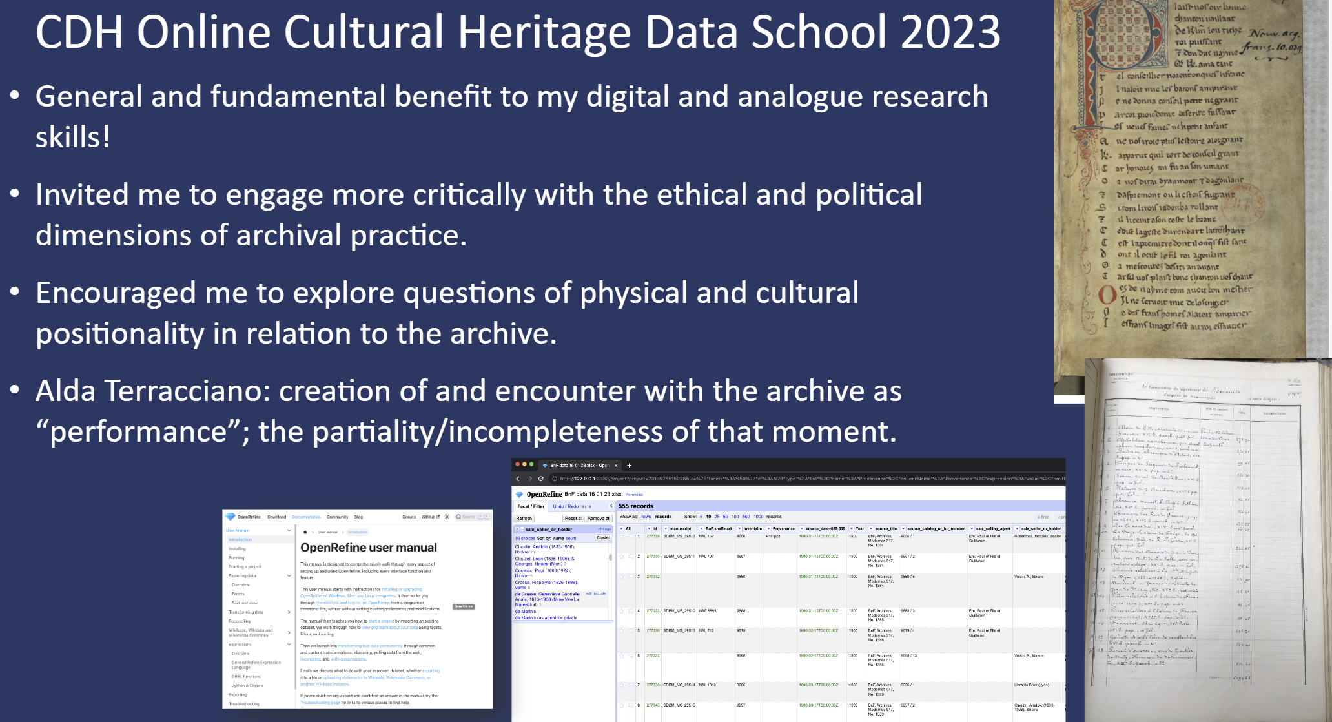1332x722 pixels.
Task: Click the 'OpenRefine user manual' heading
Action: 369,548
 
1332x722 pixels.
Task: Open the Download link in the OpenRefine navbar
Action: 276,517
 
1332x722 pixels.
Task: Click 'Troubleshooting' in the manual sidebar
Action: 244,703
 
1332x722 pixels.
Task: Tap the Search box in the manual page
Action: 472,517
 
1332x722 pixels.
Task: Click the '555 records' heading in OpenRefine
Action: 636,506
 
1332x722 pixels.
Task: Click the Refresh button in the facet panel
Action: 524,518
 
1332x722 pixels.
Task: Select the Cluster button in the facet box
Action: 603,537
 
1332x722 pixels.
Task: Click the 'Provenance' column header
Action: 784,528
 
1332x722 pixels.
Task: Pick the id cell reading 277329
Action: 653,536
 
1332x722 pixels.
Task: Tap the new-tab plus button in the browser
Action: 630,465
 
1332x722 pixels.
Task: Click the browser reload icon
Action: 541,479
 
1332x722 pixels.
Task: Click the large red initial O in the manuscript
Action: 1107,295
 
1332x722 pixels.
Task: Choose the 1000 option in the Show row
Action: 758,517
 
